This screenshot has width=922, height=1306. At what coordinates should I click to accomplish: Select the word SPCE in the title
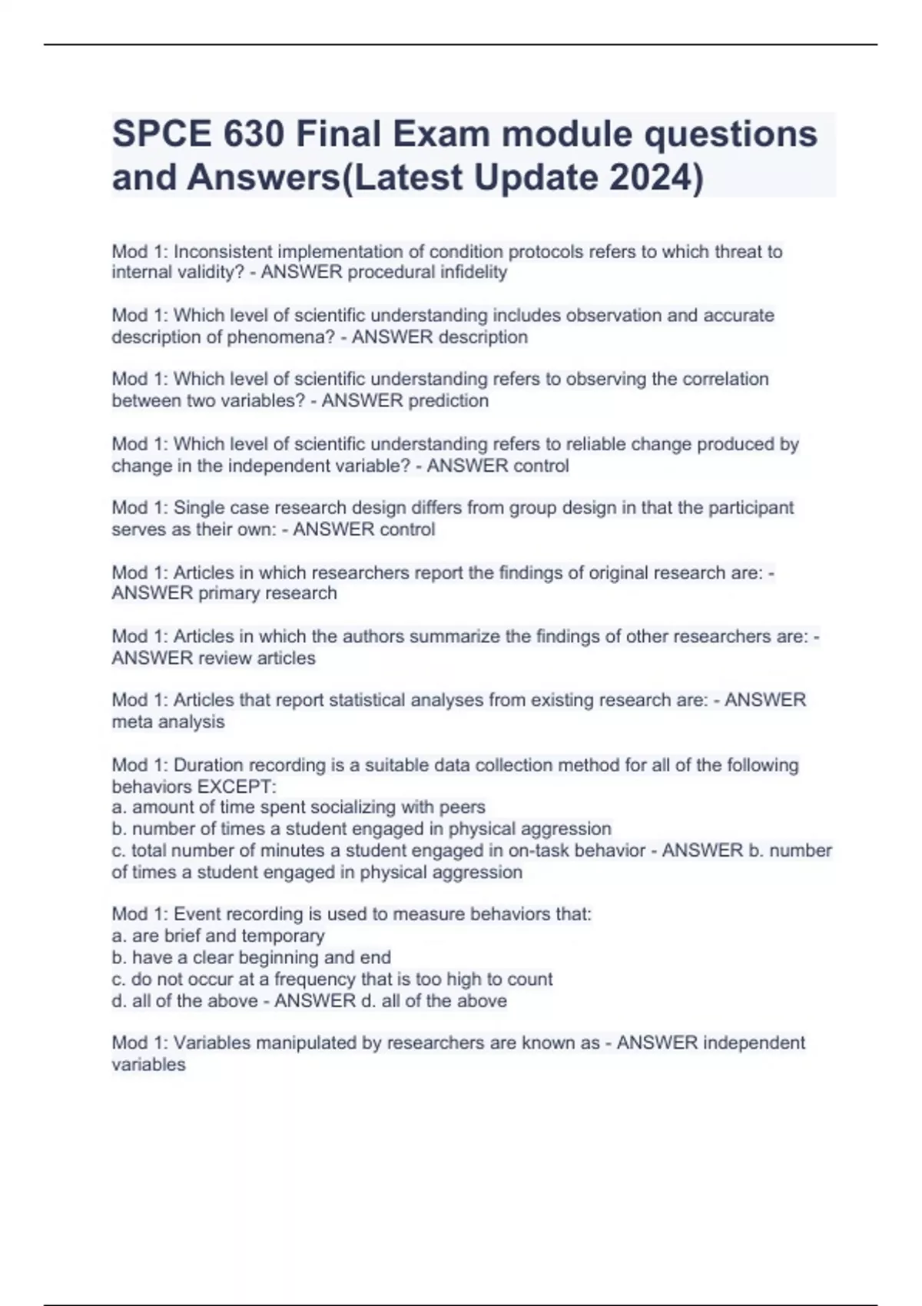pos(161,134)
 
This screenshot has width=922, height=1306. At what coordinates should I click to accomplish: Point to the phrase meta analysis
pos(168,721)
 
